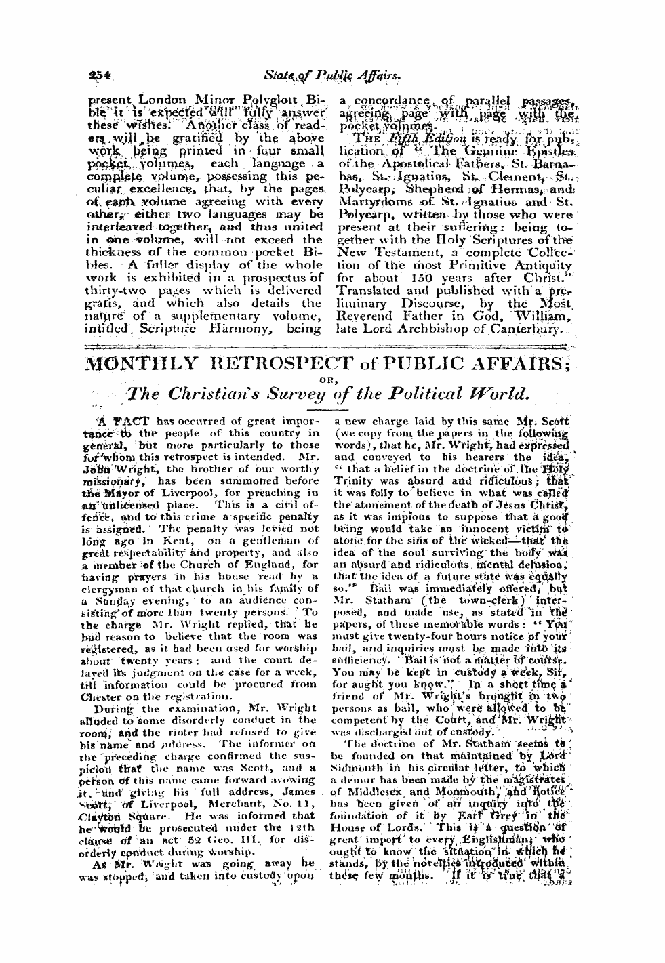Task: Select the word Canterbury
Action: pyautogui.click(x=527, y=329)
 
